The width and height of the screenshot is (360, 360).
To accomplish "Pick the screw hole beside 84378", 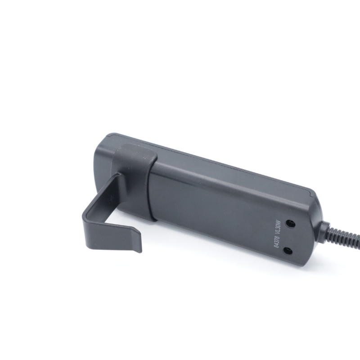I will pyautogui.click(x=288, y=251).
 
